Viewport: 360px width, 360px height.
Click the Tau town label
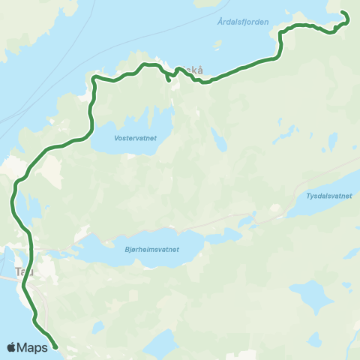(25, 271)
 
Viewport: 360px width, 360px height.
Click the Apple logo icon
(11, 347)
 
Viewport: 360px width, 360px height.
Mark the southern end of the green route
(56, 347)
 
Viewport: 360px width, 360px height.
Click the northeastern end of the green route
(343, 13)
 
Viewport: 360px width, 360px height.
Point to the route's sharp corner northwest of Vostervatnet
(93, 78)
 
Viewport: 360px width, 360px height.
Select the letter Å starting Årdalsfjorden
(220, 22)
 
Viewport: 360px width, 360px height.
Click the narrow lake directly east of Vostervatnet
(218, 139)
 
